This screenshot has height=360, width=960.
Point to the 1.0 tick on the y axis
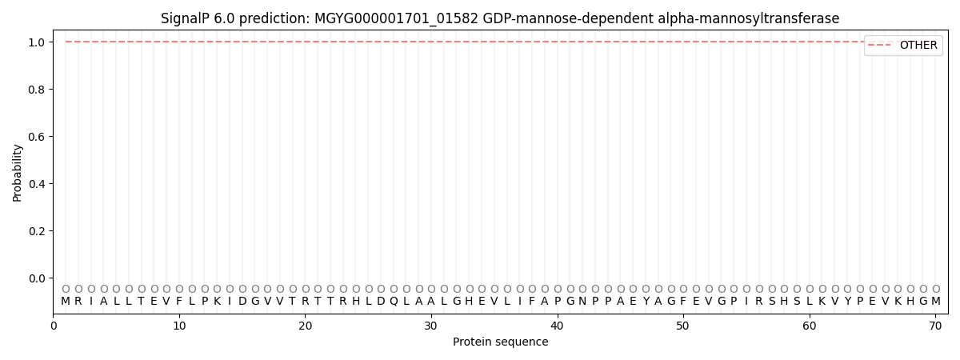pyautogui.click(x=37, y=42)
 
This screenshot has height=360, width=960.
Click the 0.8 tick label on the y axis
pyautogui.click(x=37, y=90)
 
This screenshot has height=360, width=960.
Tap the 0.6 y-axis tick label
pyautogui.click(x=37, y=137)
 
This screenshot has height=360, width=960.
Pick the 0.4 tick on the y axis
pyautogui.click(x=37, y=184)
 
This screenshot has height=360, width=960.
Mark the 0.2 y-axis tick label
pyautogui.click(x=37, y=231)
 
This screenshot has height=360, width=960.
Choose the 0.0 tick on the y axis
pyautogui.click(x=37, y=278)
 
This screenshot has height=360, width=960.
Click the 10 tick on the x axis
pyautogui.click(x=179, y=325)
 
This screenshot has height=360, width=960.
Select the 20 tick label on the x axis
pyautogui.click(x=305, y=325)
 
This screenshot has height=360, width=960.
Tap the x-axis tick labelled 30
pyautogui.click(x=431, y=325)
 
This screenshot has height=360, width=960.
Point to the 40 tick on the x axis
pyautogui.click(x=557, y=325)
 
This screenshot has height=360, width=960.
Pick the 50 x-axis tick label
pyautogui.click(x=683, y=325)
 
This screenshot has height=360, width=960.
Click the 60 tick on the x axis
pyautogui.click(x=809, y=325)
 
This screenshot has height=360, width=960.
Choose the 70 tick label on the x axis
pyautogui.click(x=935, y=325)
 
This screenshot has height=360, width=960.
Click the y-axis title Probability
pyautogui.click(x=18, y=172)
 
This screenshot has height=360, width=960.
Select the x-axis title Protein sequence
pyautogui.click(x=501, y=342)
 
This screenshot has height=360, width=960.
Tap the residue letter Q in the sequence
pyautogui.click(x=394, y=302)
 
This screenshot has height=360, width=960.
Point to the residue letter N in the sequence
pyautogui.click(x=582, y=302)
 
